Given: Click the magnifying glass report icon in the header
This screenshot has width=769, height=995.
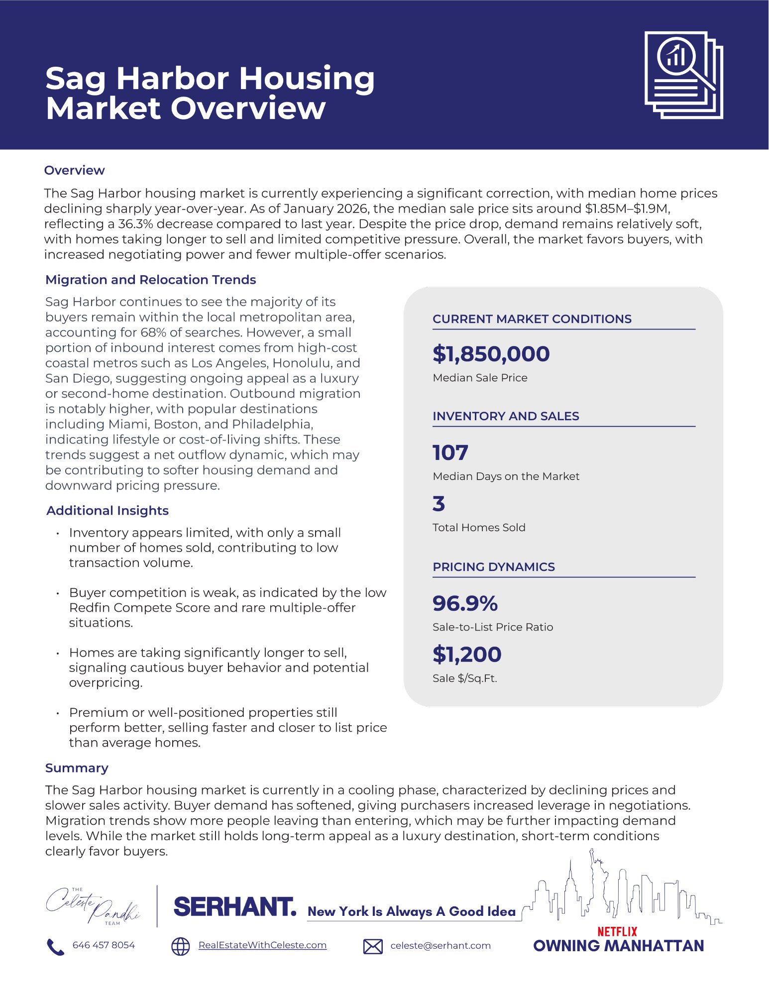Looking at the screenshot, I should [683, 75].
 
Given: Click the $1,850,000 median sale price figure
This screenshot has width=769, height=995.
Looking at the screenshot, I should [491, 354].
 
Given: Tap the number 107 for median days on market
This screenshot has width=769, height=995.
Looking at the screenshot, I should [450, 452].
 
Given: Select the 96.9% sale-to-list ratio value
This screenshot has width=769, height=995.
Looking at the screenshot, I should [465, 603].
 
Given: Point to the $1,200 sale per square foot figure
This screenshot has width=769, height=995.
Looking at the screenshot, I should [466, 654].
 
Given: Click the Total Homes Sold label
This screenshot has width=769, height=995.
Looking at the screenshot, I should [478, 528].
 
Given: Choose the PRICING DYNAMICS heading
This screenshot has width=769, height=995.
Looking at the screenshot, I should [493, 567].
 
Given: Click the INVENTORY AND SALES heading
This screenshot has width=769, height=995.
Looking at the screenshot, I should [505, 416].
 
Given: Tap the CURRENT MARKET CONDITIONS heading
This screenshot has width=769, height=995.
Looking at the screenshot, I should [532, 319].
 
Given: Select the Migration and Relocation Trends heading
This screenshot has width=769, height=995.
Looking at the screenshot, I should [150, 280].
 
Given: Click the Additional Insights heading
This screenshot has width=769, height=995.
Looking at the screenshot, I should [108, 511].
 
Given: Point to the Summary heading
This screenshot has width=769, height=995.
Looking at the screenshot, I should [77, 768].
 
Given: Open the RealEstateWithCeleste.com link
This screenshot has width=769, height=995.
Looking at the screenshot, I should [262, 945].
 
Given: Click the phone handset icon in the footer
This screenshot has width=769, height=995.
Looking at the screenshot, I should [55, 947].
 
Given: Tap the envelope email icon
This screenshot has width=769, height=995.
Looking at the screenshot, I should [373, 946].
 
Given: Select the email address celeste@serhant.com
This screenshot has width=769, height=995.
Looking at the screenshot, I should [440, 946].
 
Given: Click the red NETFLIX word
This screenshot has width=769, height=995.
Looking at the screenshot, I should [617, 931].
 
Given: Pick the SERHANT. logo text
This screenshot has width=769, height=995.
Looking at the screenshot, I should [235, 907].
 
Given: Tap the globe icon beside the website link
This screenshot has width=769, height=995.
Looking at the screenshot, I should [180, 946].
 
